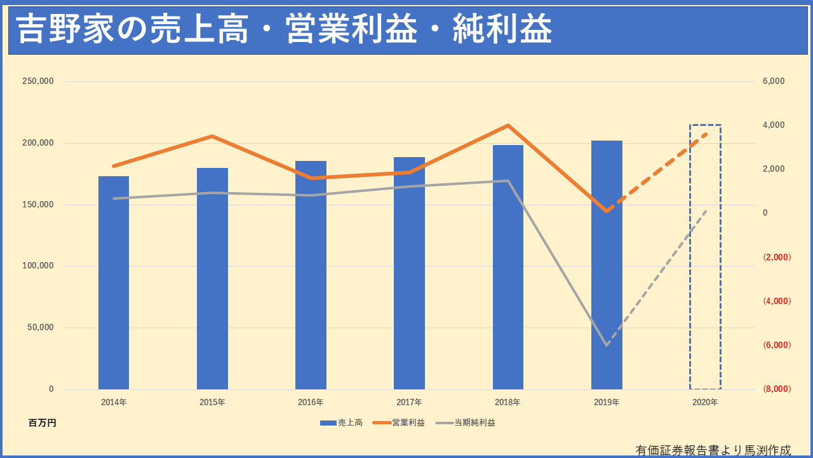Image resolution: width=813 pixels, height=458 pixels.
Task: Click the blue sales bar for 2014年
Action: click(114, 283)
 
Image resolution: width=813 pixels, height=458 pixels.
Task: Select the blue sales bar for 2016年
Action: click(311, 275)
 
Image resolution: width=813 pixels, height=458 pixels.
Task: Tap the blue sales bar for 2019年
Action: click(607, 265)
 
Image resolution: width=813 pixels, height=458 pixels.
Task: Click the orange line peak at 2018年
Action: click(508, 125)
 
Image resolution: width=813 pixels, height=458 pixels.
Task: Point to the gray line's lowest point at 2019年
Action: click(607, 345)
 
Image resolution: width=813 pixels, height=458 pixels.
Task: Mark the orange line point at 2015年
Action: click(212, 136)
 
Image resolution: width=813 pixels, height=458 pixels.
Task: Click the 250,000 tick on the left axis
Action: click(38, 81)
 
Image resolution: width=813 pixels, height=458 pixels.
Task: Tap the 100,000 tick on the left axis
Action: click(38, 266)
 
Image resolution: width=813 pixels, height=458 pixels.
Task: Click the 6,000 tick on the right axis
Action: click(774, 81)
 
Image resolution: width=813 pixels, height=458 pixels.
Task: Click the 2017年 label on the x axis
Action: click(409, 402)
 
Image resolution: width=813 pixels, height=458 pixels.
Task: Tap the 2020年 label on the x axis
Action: click(705, 402)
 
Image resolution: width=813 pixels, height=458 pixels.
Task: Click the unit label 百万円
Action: click(43, 422)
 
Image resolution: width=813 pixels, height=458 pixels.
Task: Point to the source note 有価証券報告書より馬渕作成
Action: click(713, 450)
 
